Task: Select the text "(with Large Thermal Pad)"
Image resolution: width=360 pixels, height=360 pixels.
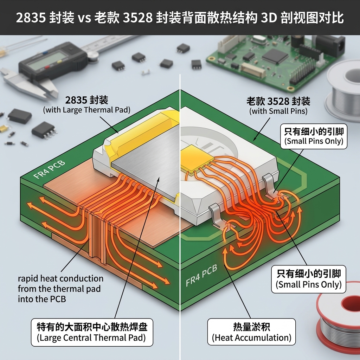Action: tap(86, 110)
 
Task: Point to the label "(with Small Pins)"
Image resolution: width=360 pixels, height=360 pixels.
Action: tap(279, 112)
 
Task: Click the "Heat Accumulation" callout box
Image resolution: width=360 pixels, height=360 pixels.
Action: tap(251, 332)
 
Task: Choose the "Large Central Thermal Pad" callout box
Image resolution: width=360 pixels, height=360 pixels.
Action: tap(92, 333)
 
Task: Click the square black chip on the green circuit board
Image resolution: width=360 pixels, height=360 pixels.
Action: tap(275, 56)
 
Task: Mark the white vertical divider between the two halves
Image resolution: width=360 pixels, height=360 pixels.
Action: tap(180, 211)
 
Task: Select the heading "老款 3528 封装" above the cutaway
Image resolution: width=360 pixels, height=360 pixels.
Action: tap(278, 102)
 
